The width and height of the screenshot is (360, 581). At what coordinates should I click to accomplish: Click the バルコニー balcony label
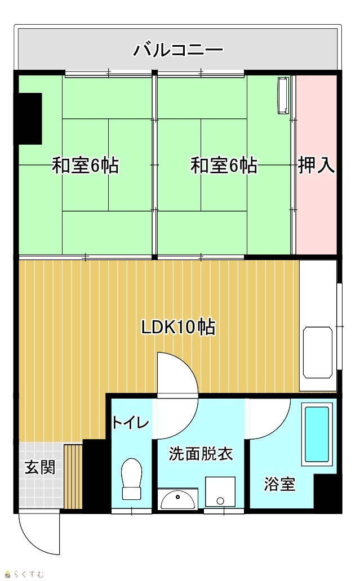[179, 50]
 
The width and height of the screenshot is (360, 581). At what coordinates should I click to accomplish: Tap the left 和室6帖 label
[85, 166]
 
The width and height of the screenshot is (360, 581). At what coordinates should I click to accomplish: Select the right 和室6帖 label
[224, 166]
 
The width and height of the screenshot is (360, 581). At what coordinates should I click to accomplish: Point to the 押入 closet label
[317, 166]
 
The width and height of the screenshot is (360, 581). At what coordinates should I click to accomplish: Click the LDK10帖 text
[178, 327]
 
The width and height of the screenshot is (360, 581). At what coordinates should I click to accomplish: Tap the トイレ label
[131, 422]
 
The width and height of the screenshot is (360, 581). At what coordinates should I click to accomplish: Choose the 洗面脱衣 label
[201, 454]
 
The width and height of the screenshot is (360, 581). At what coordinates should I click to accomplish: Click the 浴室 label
[280, 484]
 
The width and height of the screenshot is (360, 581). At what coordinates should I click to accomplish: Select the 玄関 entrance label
[40, 467]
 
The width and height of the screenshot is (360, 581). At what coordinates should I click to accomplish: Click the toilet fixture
[132, 479]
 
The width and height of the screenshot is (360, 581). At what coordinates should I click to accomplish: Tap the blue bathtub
[317, 434]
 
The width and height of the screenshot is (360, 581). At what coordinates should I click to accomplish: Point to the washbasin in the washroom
[177, 499]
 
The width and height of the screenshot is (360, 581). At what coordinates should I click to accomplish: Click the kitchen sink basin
[317, 352]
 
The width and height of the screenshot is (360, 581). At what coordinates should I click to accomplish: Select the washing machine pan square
[220, 491]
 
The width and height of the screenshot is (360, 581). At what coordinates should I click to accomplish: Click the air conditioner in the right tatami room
[283, 95]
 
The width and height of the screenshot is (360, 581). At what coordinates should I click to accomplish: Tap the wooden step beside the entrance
[73, 476]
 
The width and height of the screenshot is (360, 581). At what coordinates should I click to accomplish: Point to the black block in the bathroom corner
[326, 492]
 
